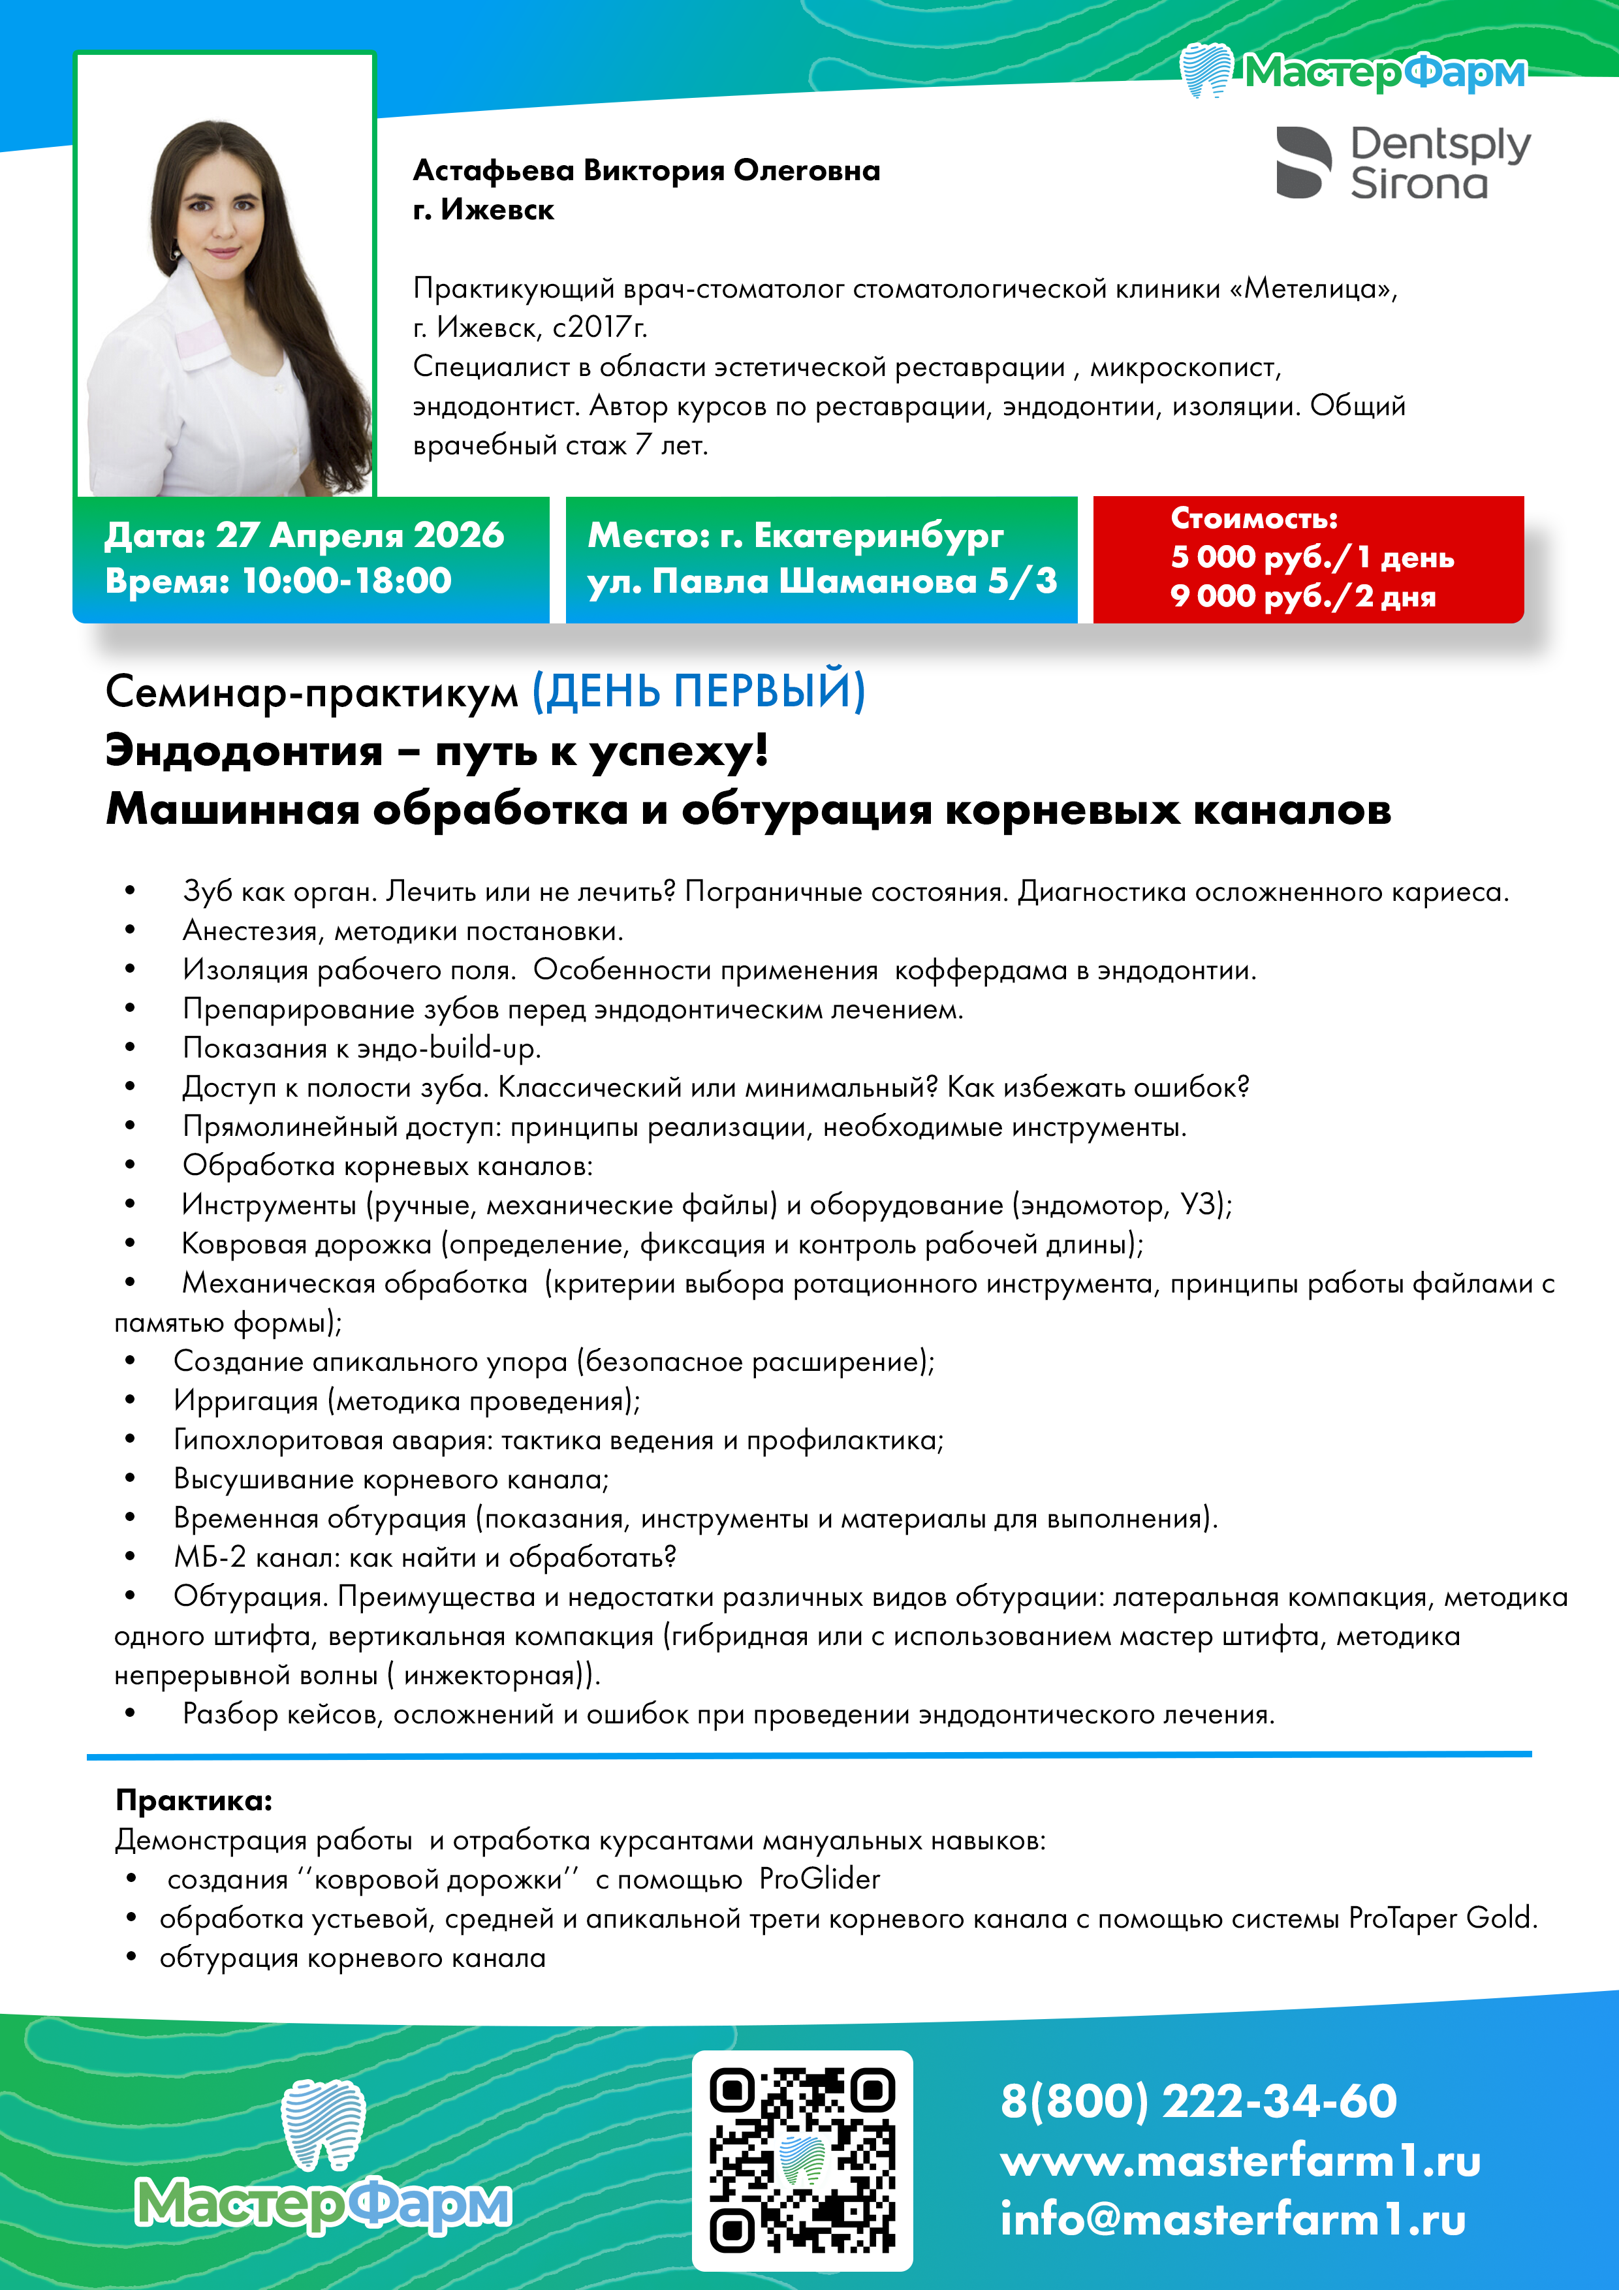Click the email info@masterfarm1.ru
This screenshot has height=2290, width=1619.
[x=1233, y=2219]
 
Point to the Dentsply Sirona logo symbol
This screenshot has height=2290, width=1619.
[x=1303, y=163]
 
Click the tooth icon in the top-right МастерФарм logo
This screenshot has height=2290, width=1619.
[x=1207, y=71]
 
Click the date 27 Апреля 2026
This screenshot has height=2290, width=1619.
[x=360, y=535]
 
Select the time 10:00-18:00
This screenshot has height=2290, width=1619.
[x=347, y=580]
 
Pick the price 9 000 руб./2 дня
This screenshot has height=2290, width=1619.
[x=1303, y=597]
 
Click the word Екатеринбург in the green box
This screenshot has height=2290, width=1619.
[x=878, y=535]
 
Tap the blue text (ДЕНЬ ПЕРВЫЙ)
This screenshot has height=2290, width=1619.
[x=699, y=690]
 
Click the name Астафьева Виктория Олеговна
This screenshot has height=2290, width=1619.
[x=646, y=170]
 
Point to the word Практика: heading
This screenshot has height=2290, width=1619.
[x=193, y=1800]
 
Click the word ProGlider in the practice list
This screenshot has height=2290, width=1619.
[x=819, y=1879]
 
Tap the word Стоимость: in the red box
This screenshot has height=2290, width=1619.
[x=1254, y=518]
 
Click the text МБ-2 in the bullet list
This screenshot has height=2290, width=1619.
[x=210, y=1557]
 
